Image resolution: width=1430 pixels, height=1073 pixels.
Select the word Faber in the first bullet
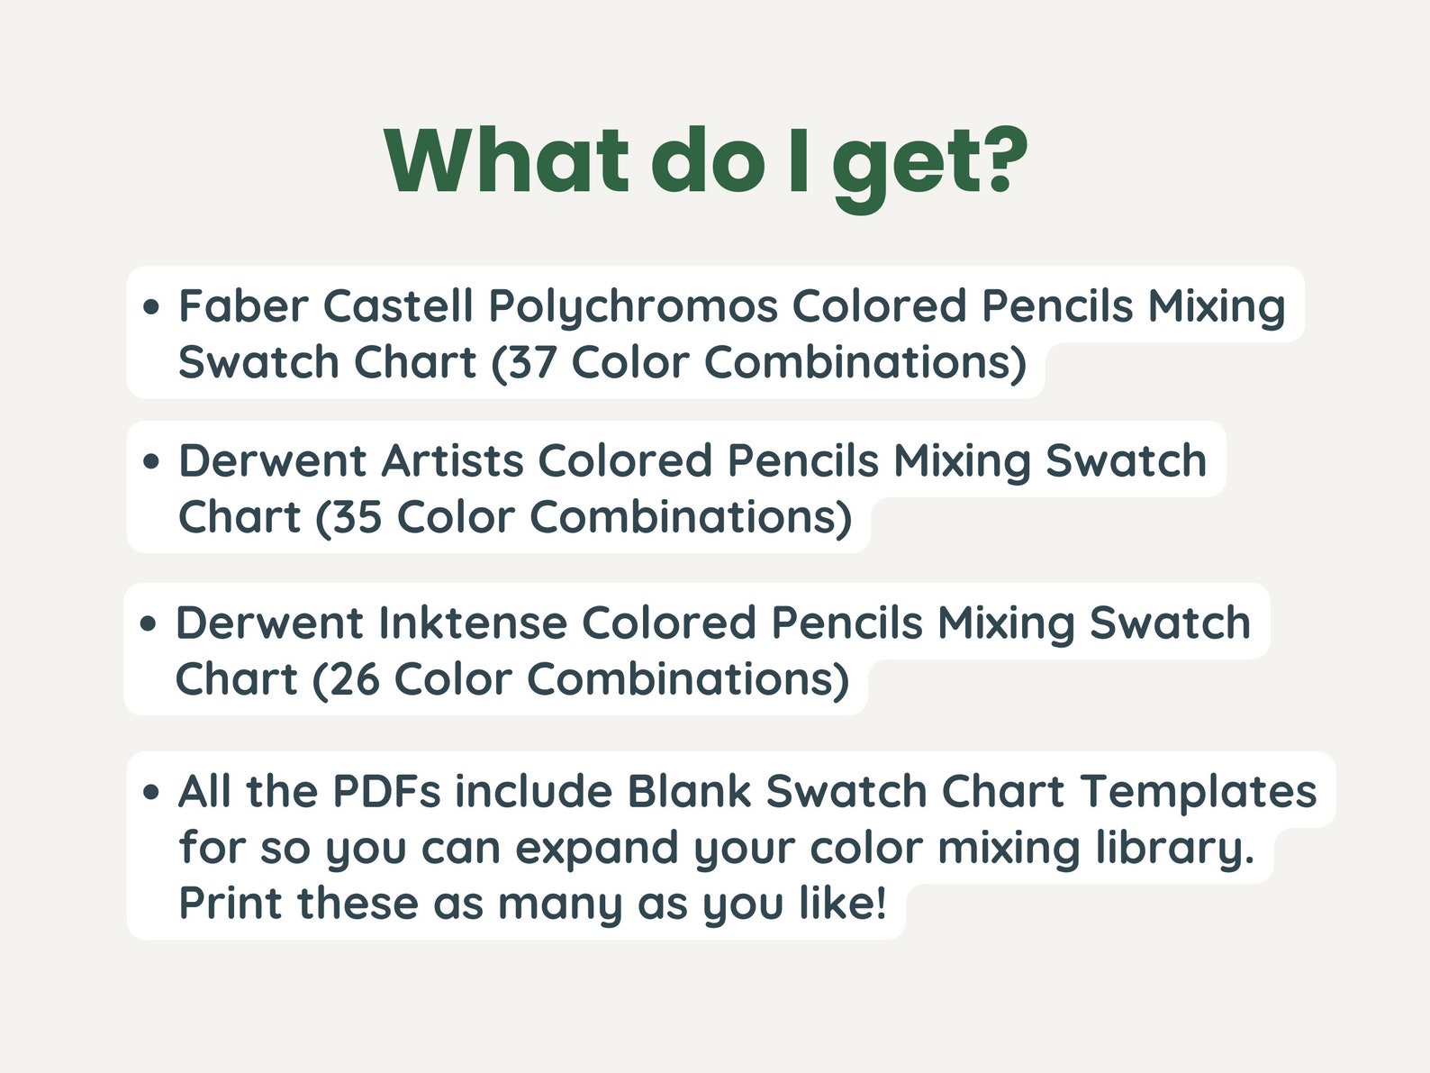tap(243, 306)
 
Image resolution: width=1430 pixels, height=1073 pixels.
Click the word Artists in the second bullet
tap(452, 461)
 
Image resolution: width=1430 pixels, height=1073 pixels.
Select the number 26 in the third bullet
tap(353, 680)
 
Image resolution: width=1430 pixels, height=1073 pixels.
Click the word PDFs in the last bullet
tap(386, 792)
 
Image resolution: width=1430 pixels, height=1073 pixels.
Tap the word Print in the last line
tap(231, 904)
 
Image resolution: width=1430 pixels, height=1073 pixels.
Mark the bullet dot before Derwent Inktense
tap(149, 624)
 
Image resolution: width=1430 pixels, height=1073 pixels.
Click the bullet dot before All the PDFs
tap(151, 793)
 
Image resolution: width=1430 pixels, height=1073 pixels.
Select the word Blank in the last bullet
tap(689, 792)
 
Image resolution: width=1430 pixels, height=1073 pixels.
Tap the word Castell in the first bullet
tap(398, 306)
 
